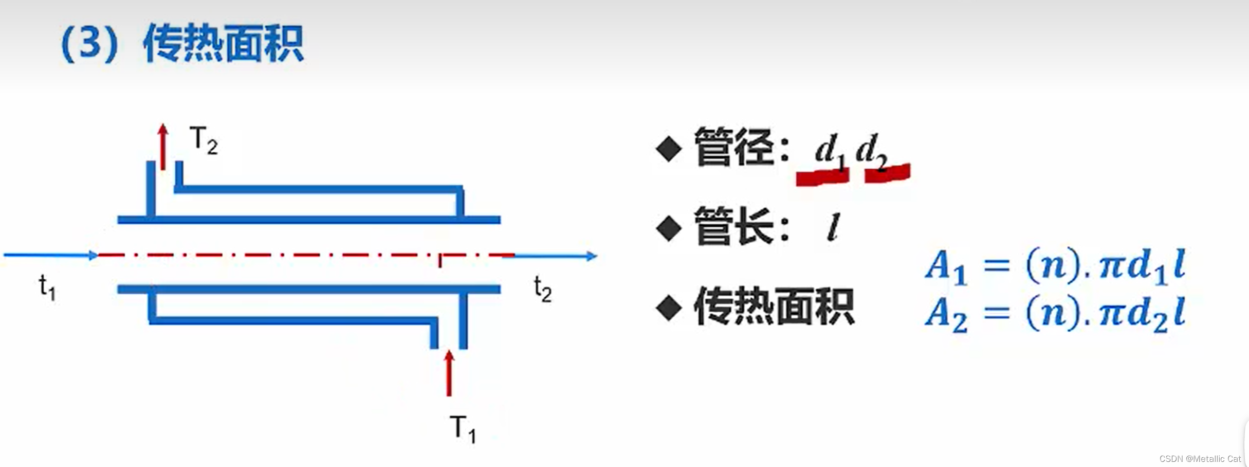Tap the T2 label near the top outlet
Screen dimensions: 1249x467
click(204, 140)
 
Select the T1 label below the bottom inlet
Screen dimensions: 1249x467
click(463, 428)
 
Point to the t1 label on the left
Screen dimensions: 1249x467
click(47, 287)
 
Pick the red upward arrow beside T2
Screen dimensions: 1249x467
click(163, 146)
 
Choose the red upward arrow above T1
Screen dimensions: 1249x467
click(449, 373)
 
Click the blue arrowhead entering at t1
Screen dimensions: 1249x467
click(93, 255)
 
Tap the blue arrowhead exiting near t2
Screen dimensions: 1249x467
click(592, 256)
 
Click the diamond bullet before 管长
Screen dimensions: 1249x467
click(669, 228)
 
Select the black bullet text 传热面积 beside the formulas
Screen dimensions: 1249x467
click(774, 307)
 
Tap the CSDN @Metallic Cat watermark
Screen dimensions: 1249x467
click(1200, 458)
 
